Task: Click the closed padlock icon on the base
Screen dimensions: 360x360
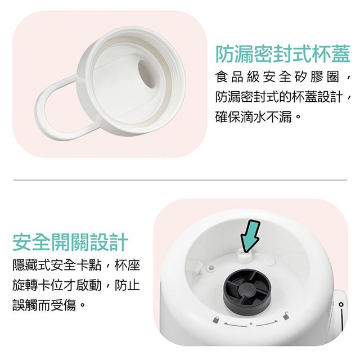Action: point(216,319)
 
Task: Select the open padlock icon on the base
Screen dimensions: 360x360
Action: point(286,316)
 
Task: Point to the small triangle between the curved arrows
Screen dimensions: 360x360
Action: point(251,323)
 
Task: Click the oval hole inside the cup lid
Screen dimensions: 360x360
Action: point(148,74)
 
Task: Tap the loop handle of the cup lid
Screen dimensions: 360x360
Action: point(57,107)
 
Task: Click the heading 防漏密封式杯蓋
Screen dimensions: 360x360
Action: point(282,54)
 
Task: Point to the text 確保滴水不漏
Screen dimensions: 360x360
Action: point(254,117)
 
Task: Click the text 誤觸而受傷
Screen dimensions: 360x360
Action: point(44,305)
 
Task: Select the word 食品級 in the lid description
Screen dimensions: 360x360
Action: point(237,76)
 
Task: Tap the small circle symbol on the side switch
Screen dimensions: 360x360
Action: point(341,304)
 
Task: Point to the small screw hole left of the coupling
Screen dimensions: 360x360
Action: point(211,268)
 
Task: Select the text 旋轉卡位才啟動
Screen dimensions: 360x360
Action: point(57,285)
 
